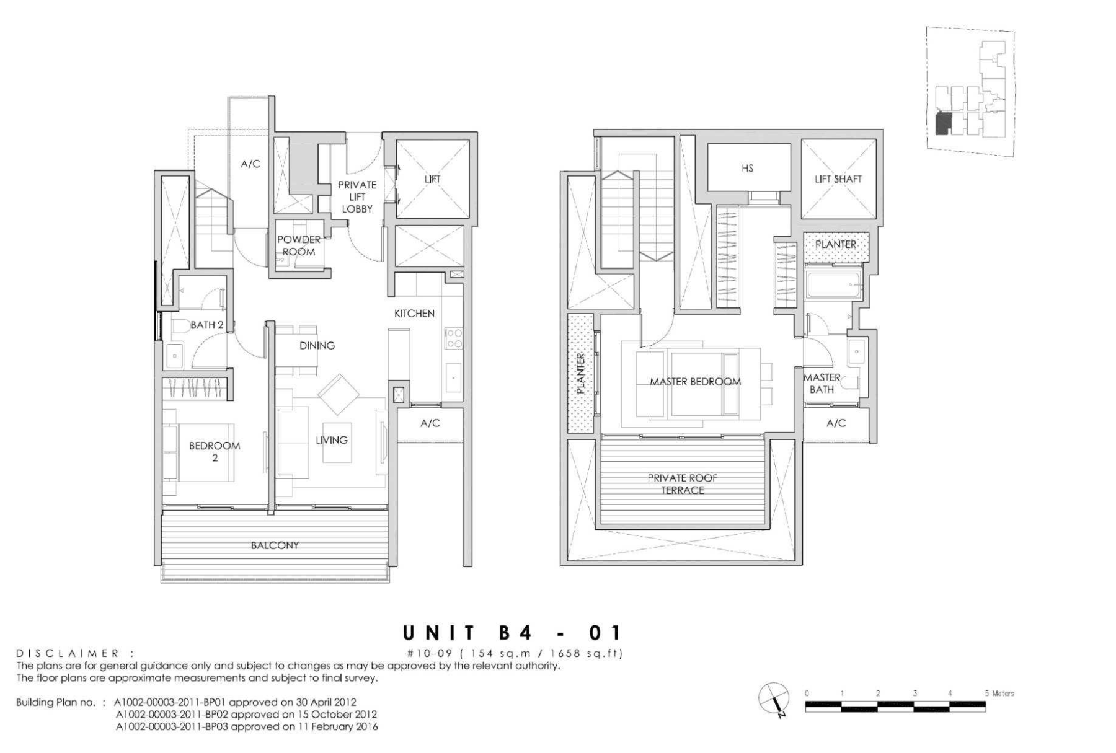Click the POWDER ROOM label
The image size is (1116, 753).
pos(299,245)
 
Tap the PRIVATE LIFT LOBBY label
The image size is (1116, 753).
pos(357,196)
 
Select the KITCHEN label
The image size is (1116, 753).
pos(414,314)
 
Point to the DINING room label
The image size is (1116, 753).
pos(317,346)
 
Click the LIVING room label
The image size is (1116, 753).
pos(332,440)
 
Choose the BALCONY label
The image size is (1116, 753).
pos(275,545)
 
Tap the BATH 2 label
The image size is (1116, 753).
pos(206,325)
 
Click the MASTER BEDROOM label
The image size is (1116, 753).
pos(695,382)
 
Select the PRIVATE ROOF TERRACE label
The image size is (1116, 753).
pos(682,484)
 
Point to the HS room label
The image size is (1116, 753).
pos(747,168)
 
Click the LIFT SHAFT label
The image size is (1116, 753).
pos(838,179)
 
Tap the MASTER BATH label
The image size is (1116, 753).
pos(822,383)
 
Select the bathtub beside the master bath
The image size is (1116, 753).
pos(834,285)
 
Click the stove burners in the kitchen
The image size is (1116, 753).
pos(453,338)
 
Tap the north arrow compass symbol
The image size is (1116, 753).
pos(774,700)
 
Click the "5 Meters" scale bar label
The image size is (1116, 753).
pos(999,694)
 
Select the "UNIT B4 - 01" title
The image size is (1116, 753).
pos(511,633)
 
